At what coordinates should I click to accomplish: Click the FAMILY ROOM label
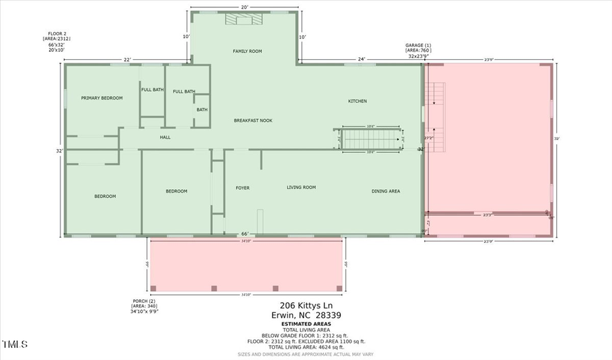pyautogui.click(x=247, y=51)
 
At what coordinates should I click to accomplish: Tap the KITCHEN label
pyautogui.click(x=358, y=101)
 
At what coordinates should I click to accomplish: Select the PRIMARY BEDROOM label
pyautogui.click(x=102, y=98)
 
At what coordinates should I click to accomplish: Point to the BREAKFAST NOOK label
pyautogui.click(x=253, y=120)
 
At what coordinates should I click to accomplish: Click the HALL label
pyautogui.click(x=165, y=137)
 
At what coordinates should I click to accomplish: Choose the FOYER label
pyautogui.click(x=243, y=188)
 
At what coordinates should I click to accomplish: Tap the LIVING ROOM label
pyautogui.click(x=301, y=187)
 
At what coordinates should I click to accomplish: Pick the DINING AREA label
pyautogui.click(x=386, y=191)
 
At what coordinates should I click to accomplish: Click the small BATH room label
pyautogui.click(x=202, y=110)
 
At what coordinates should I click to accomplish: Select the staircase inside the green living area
pyautogui.click(x=371, y=139)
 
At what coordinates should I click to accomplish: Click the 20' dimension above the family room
pyautogui.click(x=244, y=7)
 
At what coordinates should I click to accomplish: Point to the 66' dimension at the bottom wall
pyautogui.click(x=244, y=233)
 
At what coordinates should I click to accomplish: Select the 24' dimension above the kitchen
pyautogui.click(x=362, y=59)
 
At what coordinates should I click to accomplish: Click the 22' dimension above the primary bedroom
pyautogui.click(x=126, y=59)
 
